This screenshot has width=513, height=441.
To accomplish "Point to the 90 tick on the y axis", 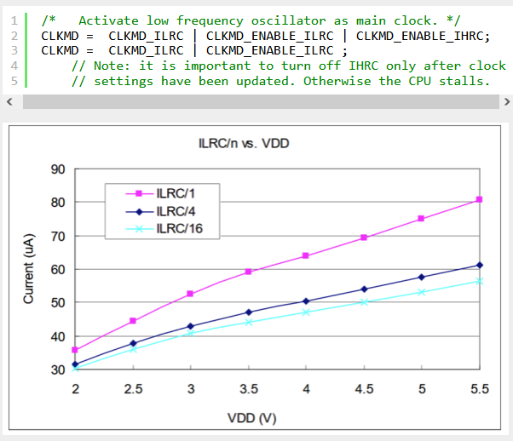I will point(59,169).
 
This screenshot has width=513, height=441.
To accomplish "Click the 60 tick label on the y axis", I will point(59,269).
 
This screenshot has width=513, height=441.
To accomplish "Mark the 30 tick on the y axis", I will point(59,370).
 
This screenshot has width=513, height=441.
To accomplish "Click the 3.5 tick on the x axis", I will point(248,389).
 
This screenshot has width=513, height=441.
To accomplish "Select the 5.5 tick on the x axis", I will point(480,389).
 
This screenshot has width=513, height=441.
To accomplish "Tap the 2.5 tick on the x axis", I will point(133,389).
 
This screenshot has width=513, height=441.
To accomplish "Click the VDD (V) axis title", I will point(252,419).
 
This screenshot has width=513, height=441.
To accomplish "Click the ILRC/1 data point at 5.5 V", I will point(480,199).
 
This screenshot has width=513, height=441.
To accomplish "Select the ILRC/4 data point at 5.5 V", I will point(480,265).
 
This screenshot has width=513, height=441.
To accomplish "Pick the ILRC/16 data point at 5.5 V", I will point(480,281).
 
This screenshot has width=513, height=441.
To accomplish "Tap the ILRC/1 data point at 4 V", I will point(306,255).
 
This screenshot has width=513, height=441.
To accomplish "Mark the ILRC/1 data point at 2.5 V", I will point(133,321).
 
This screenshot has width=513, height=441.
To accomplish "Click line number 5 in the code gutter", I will point(14,81).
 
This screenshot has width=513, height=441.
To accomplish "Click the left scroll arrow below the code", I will point(9,101).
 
